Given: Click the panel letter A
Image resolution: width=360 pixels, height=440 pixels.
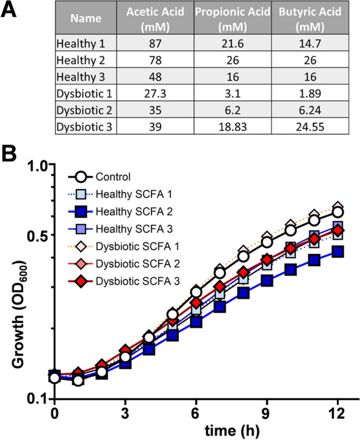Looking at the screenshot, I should click(x=12, y=11).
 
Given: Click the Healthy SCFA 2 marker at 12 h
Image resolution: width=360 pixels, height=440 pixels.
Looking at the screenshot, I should click(x=337, y=252).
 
